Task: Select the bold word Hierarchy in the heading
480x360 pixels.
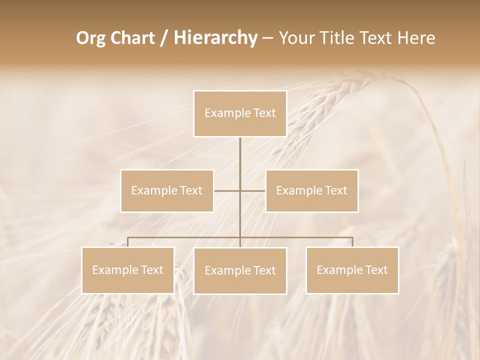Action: tap(215, 38)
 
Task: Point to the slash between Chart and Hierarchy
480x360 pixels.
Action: tap(164, 38)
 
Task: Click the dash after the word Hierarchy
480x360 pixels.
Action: tap(267, 38)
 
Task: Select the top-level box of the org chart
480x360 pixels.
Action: tap(240, 113)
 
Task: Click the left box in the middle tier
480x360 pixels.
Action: tap(167, 190)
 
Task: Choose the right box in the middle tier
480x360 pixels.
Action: tap(312, 190)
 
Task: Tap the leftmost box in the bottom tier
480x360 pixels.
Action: tap(128, 270)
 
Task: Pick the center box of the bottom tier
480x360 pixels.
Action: tap(240, 270)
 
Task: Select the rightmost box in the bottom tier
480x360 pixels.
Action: tap(352, 270)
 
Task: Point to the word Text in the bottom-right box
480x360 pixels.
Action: tap(375, 270)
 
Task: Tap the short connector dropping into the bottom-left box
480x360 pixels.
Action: tap(128, 242)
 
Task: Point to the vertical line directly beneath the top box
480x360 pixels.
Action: tap(240, 155)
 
